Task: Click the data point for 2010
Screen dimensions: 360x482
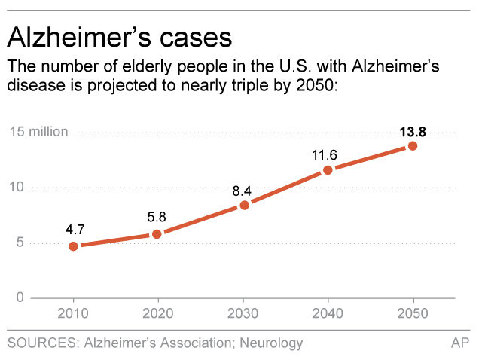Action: (x=73, y=246)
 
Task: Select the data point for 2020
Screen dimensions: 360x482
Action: (x=157, y=234)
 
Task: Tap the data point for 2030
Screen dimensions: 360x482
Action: (x=244, y=205)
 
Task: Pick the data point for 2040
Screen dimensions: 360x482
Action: (x=328, y=170)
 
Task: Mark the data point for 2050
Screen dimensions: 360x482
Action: (x=413, y=145)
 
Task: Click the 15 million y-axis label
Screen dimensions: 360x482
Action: (x=38, y=132)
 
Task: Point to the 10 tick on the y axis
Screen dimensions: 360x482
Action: (x=16, y=187)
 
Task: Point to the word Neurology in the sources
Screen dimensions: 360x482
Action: (x=269, y=343)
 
